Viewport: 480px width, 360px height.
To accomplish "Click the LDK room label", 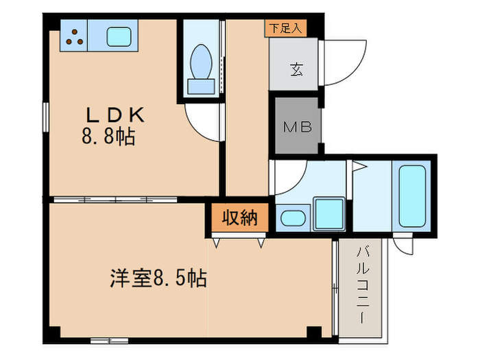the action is point(115,115).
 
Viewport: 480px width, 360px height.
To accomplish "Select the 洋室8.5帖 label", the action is point(158,278).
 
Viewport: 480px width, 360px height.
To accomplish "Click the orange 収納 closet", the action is point(239,217).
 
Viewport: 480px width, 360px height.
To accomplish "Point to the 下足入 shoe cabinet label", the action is point(285,29).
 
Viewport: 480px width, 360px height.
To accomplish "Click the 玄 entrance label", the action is point(296,69).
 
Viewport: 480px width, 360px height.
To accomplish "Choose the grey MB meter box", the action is point(297,125).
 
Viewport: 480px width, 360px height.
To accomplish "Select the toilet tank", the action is point(201,86).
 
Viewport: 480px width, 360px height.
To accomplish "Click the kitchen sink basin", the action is point(119,36).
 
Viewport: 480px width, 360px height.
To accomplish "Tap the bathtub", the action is point(412,196).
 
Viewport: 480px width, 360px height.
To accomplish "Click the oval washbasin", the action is point(293,218).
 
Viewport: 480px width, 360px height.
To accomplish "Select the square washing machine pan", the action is point(329,214).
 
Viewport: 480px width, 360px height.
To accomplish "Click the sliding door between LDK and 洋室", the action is point(115,200).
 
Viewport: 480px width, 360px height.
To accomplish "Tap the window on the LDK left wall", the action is point(46,117).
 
